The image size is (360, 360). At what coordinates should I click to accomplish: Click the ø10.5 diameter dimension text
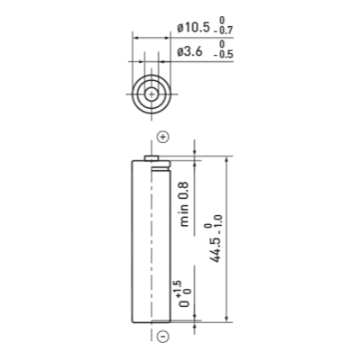click(x=193, y=28)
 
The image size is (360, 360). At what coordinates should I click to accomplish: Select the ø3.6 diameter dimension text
click(x=190, y=52)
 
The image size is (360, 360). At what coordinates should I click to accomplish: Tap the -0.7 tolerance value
click(x=223, y=31)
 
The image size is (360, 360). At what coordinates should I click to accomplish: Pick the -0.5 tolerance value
click(x=223, y=54)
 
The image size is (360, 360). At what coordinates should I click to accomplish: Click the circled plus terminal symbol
click(x=163, y=138)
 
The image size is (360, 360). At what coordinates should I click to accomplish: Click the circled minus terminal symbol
click(x=163, y=336)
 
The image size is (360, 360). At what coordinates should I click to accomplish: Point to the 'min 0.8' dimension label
click(x=184, y=204)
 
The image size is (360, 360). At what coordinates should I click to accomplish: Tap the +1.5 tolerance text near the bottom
click(x=178, y=287)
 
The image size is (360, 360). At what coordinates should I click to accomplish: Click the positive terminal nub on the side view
click(x=152, y=158)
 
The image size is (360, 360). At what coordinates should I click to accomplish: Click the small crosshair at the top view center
click(x=151, y=94)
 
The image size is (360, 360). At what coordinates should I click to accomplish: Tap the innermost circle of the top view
click(x=151, y=88)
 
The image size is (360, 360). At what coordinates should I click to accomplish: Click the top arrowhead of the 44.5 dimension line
click(x=227, y=160)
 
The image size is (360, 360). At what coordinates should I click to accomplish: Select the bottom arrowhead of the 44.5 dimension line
click(x=227, y=319)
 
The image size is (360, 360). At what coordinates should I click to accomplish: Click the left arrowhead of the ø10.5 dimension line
click(x=136, y=38)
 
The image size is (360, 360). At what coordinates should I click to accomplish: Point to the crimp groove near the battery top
click(x=161, y=169)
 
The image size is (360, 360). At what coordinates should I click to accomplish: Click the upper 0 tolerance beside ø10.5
click(x=221, y=21)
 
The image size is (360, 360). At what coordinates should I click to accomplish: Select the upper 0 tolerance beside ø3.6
click(x=221, y=44)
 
